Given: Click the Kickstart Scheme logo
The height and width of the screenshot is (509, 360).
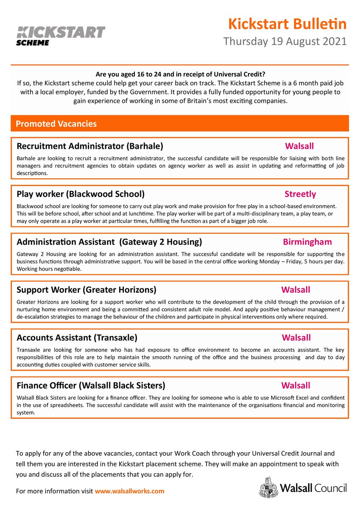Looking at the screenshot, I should click(x=61, y=35).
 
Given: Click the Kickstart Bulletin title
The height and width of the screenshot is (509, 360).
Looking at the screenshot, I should click(x=287, y=24).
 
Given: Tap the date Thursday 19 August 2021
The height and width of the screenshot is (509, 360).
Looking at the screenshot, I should click(x=285, y=42).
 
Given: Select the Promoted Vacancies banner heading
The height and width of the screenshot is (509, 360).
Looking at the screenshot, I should click(x=56, y=124).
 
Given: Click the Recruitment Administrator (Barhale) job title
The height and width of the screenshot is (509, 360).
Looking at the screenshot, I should click(x=89, y=146).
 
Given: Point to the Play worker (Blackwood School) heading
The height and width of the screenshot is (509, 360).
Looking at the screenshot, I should click(x=81, y=194).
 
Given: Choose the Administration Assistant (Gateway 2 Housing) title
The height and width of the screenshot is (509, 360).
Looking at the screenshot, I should click(x=109, y=242).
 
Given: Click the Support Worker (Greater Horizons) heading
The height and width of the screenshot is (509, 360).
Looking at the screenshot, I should click(x=86, y=290).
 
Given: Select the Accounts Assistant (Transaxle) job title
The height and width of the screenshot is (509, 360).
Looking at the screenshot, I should click(x=77, y=338).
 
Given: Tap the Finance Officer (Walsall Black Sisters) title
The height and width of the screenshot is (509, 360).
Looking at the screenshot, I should click(x=91, y=386).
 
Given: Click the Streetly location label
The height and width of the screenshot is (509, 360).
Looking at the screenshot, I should click(x=300, y=194).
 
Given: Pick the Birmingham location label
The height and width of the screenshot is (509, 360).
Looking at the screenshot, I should click(x=307, y=242).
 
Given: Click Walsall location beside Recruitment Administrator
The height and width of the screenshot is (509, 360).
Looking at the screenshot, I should click(x=299, y=146).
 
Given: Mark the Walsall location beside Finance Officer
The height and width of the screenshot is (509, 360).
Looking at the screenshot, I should click(x=296, y=386).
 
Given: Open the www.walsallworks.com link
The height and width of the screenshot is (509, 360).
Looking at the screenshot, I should click(x=129, y=491).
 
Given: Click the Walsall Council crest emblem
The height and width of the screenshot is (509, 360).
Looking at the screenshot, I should click(x=268, y=487).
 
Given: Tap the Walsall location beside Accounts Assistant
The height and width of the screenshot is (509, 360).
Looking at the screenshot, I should click(x=296, y=338).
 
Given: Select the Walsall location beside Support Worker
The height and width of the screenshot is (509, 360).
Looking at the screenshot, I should click(x=296, y=290).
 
